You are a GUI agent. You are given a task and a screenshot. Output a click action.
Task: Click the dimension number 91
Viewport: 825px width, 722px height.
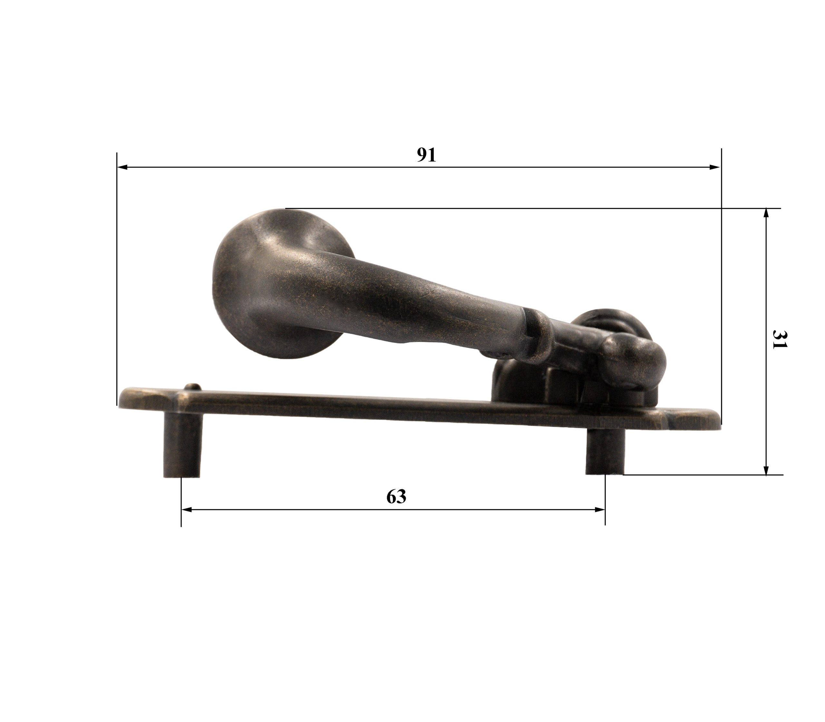(x=426, y=155)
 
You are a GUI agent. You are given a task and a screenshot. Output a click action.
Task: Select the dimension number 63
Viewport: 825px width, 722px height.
(x=396, y=497)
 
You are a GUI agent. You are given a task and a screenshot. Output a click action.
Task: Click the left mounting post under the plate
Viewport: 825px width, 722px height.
(x=182, y=445)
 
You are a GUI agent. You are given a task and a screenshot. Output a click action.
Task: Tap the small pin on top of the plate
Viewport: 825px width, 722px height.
(x=193, y=387)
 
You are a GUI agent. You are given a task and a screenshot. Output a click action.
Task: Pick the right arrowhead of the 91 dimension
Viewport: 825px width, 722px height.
(x=715, y=167)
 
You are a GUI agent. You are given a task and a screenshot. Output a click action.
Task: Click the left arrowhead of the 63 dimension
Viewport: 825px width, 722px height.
(x=187, y=510)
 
